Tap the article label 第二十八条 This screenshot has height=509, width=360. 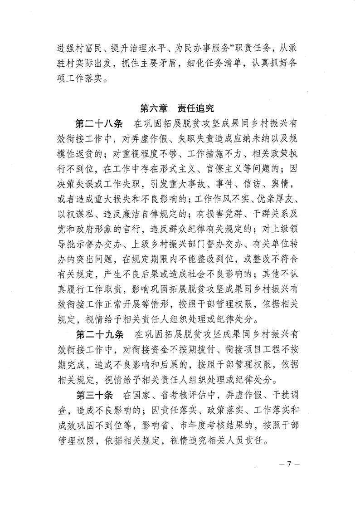[97, 123]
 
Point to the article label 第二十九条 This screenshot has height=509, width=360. [97, 335]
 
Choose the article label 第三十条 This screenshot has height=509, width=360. [93, 392]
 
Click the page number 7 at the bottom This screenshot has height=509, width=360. [288, 466]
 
